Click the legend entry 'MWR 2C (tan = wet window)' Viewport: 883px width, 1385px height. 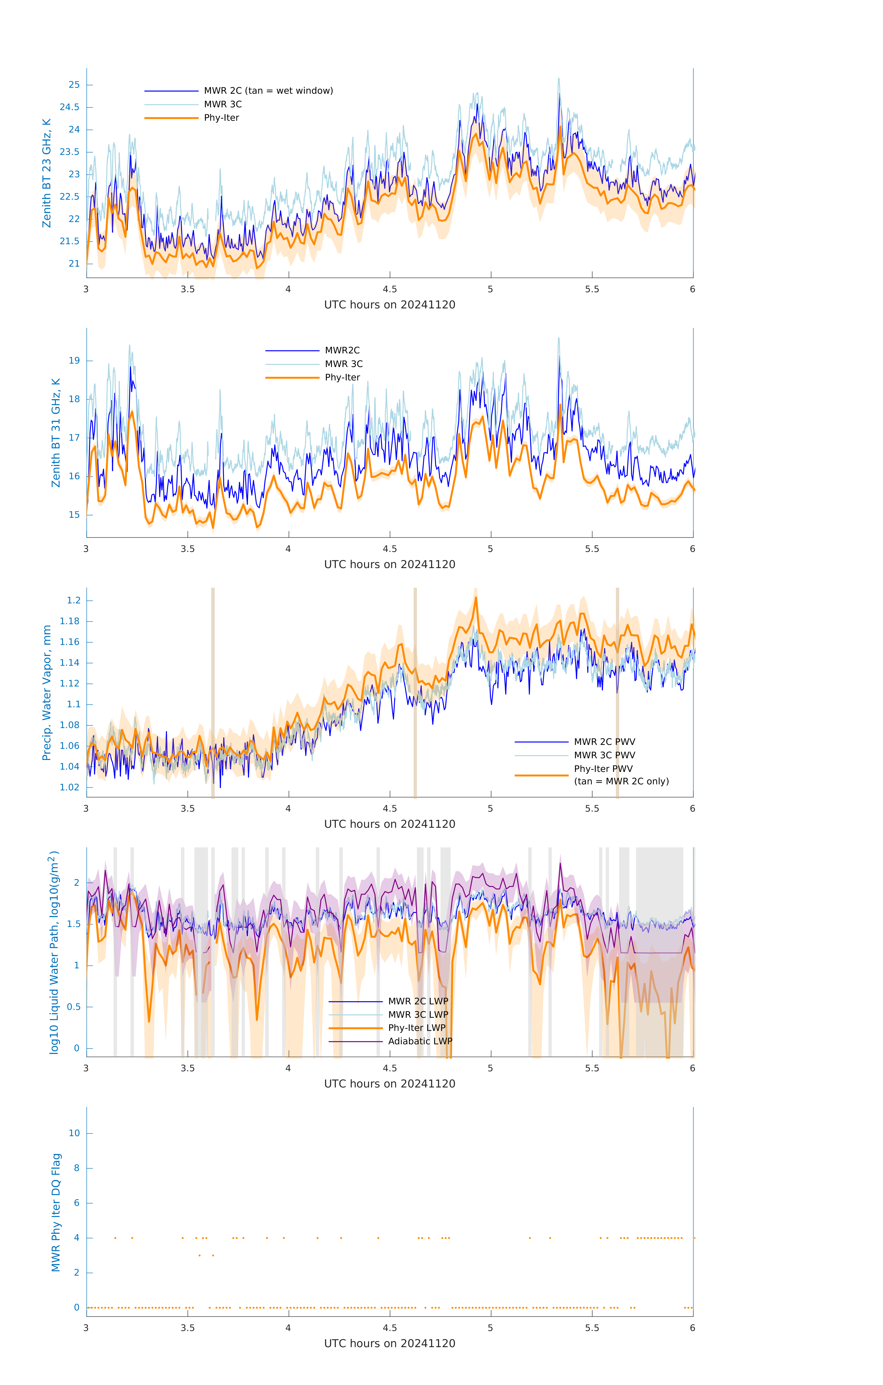(268, 91)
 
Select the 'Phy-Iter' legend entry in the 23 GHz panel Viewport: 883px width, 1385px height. (221, 118)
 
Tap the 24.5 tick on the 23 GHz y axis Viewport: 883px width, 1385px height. (70, 107)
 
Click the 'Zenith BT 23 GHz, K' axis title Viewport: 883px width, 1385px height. (47, 173)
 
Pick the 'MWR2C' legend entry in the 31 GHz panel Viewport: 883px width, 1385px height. (342, 350)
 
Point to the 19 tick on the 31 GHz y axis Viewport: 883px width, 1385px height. (74, 361)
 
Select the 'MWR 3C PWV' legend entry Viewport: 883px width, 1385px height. (604, 755)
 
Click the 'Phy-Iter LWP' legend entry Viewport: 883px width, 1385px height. (416, 1028)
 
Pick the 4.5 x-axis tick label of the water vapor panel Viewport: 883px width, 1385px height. (389, 809)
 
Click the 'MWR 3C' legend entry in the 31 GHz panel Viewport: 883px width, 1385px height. (344, 364)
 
